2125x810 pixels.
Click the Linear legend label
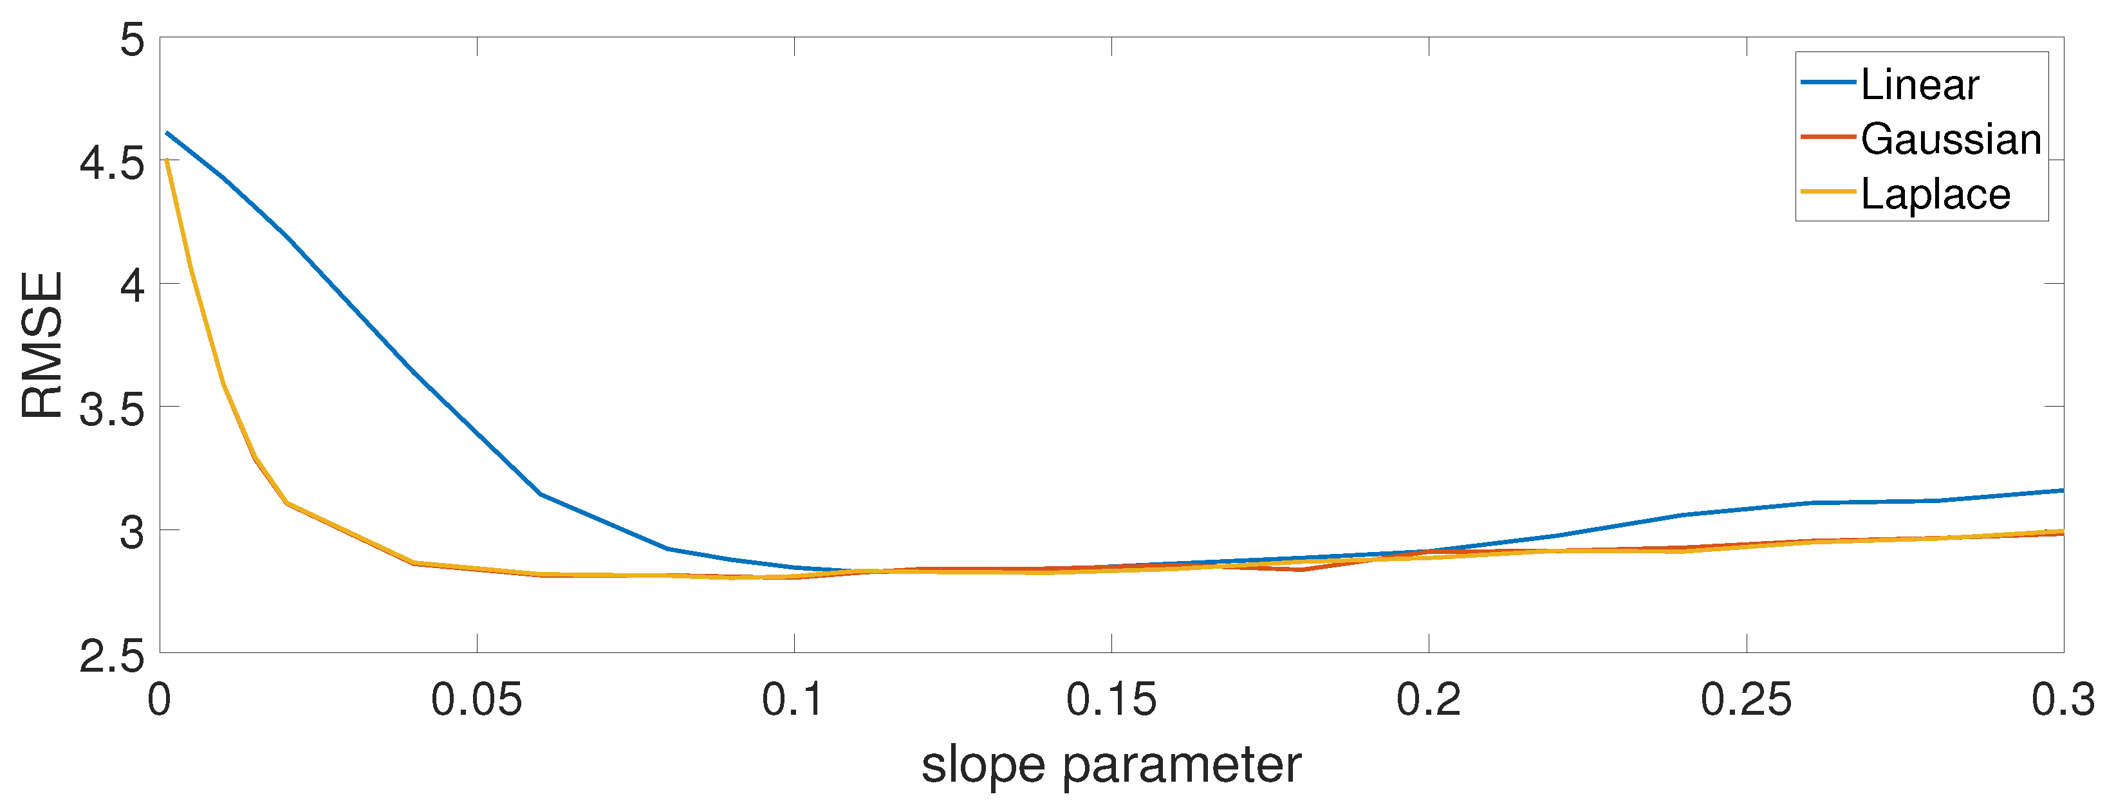(x=1920, y=85)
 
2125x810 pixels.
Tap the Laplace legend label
(x=1935, y=195)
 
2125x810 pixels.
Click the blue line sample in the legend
(x=1828, y=82)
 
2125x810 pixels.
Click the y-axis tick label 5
(x=132, y=40)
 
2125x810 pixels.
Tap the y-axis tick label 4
(x=132, y=286)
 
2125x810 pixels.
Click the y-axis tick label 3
(x=132, y=533)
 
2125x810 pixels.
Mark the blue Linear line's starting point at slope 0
(x=167, y=132)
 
